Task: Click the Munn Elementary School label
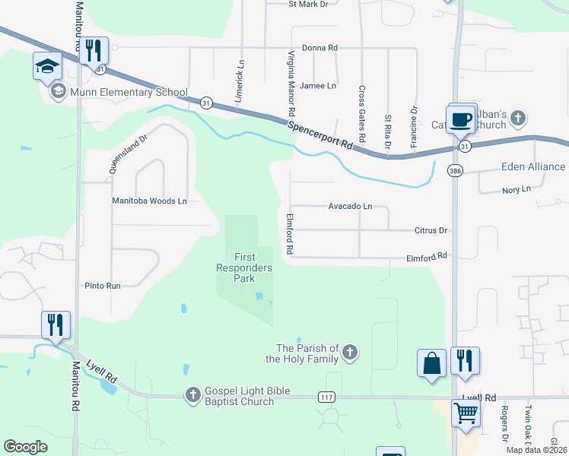pos(129,93)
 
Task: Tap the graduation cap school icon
pos(47,66)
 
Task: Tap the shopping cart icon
pos(465,414)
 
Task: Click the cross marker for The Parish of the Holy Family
pos(350,351)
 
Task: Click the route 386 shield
pos(455,171)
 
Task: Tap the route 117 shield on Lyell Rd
pos(325,397)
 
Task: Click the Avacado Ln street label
pos(350,206)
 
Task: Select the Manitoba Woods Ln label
pos(149,201)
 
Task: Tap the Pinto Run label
pos(103,286)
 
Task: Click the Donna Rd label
pos(319,48)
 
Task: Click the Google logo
pos(26,447)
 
